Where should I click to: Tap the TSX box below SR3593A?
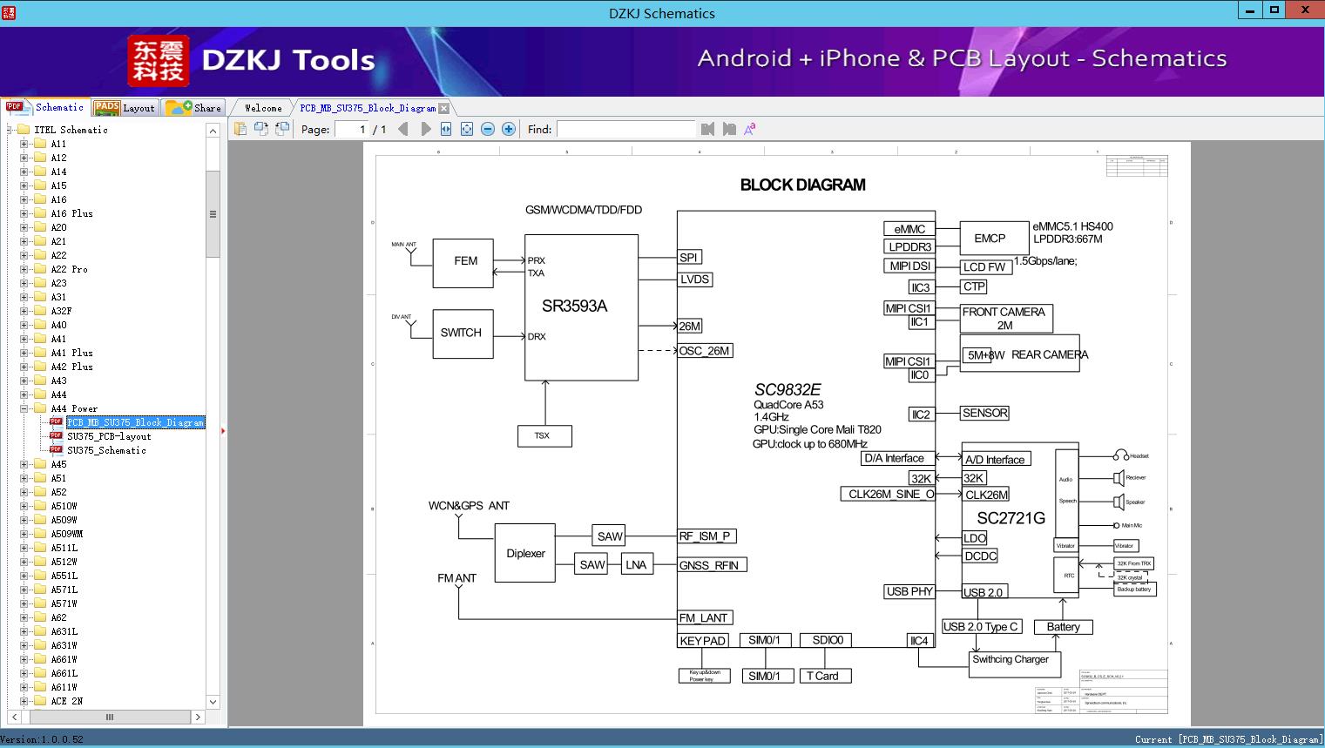click(x=543, y=435)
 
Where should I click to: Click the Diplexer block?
click(x=525, y=553)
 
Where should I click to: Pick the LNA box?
click(x=636, y=565)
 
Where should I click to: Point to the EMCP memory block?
click(x=990, y=239)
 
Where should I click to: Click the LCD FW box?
click(x=984, y=267)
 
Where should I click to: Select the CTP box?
click(x=974, y=286)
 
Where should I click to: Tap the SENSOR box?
click(x=984, y=413)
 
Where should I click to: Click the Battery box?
click(x=1063, y=627)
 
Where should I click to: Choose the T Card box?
click(x=822, y=676)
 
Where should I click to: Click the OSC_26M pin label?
click(x=705, y=351)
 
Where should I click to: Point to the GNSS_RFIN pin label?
click(x=709, y=565)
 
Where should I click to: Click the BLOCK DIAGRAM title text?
click(x=802, y=185)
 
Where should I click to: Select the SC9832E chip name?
click(x=788, y=390)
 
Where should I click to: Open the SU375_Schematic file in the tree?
click(x=106, y=450)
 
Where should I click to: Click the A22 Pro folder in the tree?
click(x=69, y=269)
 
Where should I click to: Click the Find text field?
click(x=625, y=129)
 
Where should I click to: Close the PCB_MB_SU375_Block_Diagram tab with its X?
click(x=444, y=108)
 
